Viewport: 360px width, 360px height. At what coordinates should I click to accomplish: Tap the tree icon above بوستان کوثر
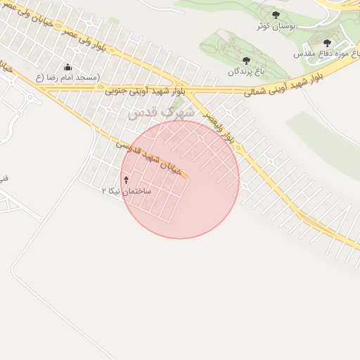[x=275, y=15]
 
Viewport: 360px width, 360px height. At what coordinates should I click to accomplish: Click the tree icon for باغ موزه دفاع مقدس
[x=327, y=43]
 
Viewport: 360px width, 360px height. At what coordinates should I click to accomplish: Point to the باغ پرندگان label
[x=245, y=72]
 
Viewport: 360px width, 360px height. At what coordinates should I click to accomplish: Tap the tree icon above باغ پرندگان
[x=245, y=61]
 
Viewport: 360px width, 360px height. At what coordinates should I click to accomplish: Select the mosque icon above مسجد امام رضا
[x=67, y=67]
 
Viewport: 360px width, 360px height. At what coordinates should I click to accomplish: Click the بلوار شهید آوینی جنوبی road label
[x=146, y=91]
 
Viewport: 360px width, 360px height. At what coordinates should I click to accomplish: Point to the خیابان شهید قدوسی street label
[x=152, y=157]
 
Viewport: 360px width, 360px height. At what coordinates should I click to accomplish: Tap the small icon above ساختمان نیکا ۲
[x=126, y=181]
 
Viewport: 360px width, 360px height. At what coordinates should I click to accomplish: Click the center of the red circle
[x=181, y=179]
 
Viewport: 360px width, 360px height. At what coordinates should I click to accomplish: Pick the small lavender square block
[x=135, y=37]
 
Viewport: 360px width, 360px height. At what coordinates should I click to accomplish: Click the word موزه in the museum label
[x=328, y=53]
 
